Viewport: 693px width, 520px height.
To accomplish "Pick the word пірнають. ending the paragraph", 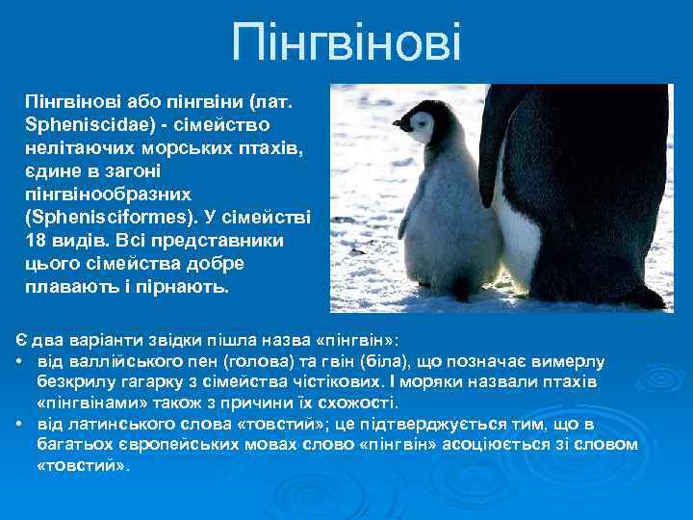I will click(x=189, y=287).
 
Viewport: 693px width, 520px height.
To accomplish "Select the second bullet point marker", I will click(x=20, y=426).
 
